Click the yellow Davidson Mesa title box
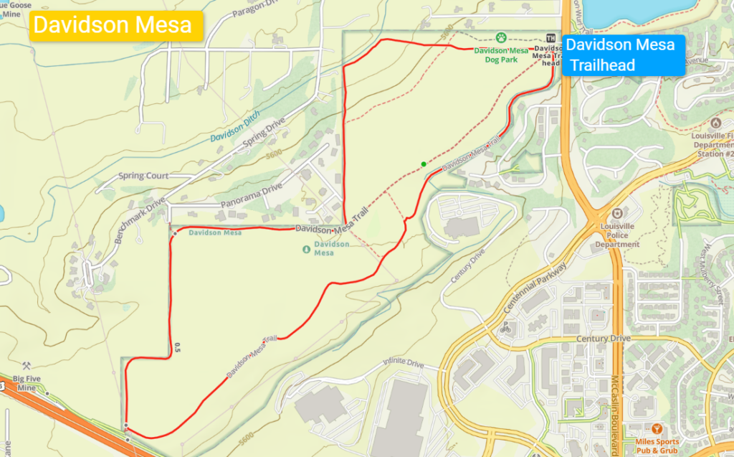(113, 25)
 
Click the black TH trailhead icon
(550, 38)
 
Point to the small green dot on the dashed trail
(424, 164)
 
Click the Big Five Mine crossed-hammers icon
(27, 366)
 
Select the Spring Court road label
(143, 176)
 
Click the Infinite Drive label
(404, 364)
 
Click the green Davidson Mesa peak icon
(307, 249)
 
